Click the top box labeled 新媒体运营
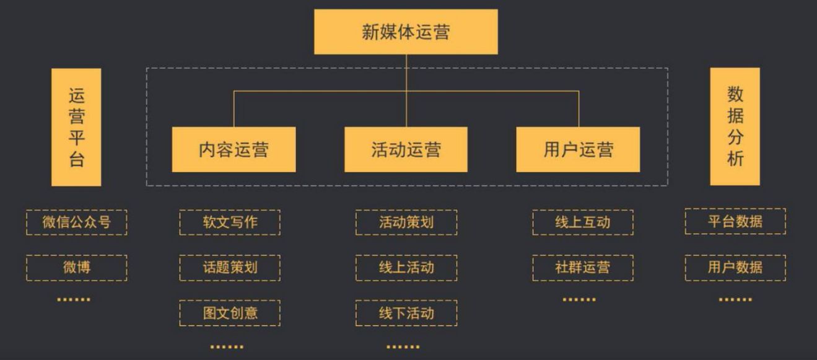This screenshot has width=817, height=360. (406, 32)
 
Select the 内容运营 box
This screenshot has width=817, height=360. (234, 149)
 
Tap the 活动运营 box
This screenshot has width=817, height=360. (406, 149)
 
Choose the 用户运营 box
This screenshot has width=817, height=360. (578, 149)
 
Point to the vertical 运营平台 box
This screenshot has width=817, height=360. (76, 127)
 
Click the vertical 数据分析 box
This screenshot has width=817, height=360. (735, 126)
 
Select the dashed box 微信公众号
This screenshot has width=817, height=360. (77, 222)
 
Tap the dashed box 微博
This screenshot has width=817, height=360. (77, 268)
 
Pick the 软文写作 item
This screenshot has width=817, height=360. (230, 222)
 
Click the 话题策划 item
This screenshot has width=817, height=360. (230, 268)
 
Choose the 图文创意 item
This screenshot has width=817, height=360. (230, 313)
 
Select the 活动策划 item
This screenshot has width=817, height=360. (406, 222)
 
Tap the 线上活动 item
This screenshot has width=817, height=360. (406, 268)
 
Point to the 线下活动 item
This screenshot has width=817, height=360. (406, 313)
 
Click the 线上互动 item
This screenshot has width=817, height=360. (582, 222)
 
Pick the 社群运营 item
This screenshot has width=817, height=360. (582, 268)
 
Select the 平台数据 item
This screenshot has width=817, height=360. (735, 221)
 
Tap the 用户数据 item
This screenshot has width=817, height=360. (735, 268)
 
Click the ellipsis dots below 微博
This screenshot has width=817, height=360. (74, 299)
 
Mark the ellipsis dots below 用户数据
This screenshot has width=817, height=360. (735, 299)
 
